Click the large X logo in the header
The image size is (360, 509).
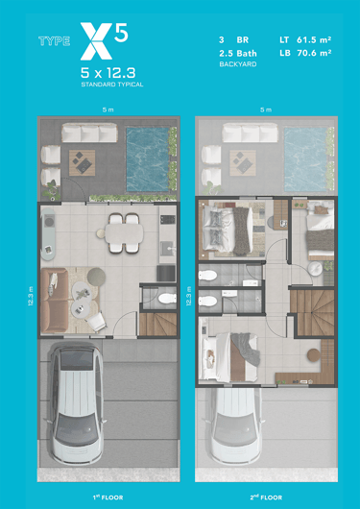coord(96,41)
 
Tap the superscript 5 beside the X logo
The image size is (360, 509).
coord(121,33)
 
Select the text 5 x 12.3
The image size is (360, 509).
coord(108,73)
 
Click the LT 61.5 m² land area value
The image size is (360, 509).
coord(305,40)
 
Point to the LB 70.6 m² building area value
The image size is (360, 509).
coord(305,53)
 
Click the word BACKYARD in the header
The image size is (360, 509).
coord(238,64)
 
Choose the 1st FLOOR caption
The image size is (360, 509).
coord(108,497)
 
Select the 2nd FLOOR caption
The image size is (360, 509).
coord(266,497)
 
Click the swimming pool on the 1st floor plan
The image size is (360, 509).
coord(147,159)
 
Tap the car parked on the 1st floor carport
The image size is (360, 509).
coord(76,403)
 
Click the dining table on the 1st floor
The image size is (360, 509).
coord(124,232)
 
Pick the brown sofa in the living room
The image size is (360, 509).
coord(54,301)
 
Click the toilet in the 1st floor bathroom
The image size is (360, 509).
coord(167,298)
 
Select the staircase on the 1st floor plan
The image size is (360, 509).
coord(157,324)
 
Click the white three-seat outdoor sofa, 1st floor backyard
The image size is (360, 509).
coord(89,133)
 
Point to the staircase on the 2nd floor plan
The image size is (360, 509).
coord(312,313)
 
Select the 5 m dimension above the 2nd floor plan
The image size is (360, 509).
coord(266,110)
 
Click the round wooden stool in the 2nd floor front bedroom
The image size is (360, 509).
coord(314,355)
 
